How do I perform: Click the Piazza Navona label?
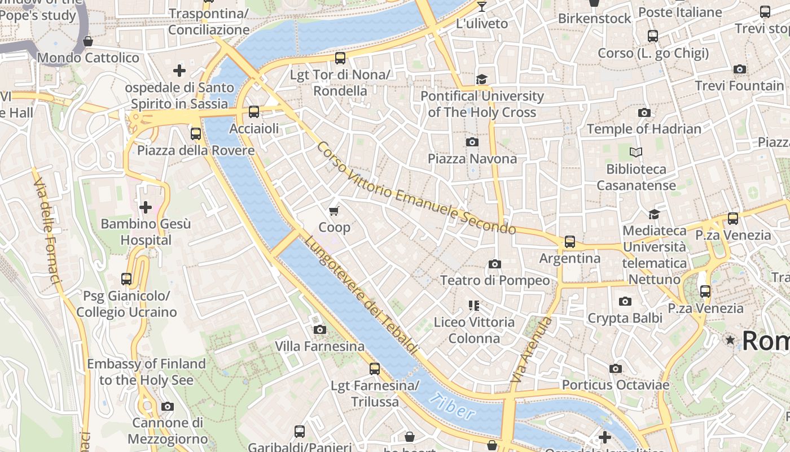[472, 159]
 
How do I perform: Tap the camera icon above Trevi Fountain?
[739, 69]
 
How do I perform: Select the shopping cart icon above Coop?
[334, 211]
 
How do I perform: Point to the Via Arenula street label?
[531, 350]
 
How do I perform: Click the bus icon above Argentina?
[570, 242]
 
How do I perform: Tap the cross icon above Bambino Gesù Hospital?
[146, 207]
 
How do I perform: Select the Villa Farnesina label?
[319, 346]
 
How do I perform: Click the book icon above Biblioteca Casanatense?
[636, 152]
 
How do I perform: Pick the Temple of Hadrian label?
[644, 129]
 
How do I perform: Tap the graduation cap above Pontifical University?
[481, 79]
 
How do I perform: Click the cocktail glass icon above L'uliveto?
[481, 7]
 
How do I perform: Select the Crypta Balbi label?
[625, 318]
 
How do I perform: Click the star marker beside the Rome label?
[730, 340]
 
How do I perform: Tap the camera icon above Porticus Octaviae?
[616, 369]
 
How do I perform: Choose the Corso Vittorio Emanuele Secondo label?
[416, 188]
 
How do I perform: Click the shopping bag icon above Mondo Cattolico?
[88, 41]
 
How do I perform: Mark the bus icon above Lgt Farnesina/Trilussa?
[374, 369]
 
